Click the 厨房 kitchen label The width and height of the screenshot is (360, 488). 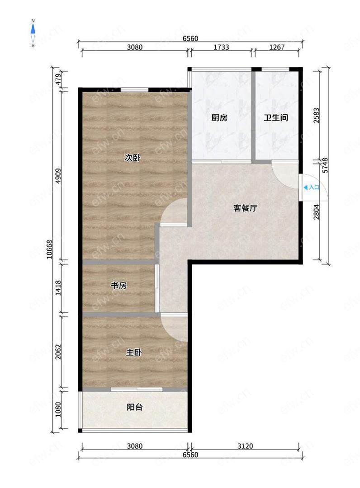coord(219,117)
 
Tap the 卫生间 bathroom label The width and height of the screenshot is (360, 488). coord(276,117)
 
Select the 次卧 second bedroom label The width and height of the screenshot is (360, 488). coord(133,158)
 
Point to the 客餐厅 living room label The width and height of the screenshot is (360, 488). coord(246,208)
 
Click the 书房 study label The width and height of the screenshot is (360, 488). coord(118,285)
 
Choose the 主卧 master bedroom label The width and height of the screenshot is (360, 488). coord(134,352)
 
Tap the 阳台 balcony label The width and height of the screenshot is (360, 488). coord(134,407)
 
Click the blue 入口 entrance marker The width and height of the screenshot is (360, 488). coord(312,188)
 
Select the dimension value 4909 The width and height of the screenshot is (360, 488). coord(58,176)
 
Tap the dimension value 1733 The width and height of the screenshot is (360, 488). coord(221,47)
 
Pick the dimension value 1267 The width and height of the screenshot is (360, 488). coord(277,47)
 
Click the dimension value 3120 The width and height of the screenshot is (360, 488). coord(245,446)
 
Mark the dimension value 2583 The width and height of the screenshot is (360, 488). coord(317,115)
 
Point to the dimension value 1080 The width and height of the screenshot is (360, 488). coord(58,409)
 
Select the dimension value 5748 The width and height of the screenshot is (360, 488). coord(325,165)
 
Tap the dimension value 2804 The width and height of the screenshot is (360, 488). coord(317,211)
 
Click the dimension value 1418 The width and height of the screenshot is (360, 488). coord(58,288)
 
